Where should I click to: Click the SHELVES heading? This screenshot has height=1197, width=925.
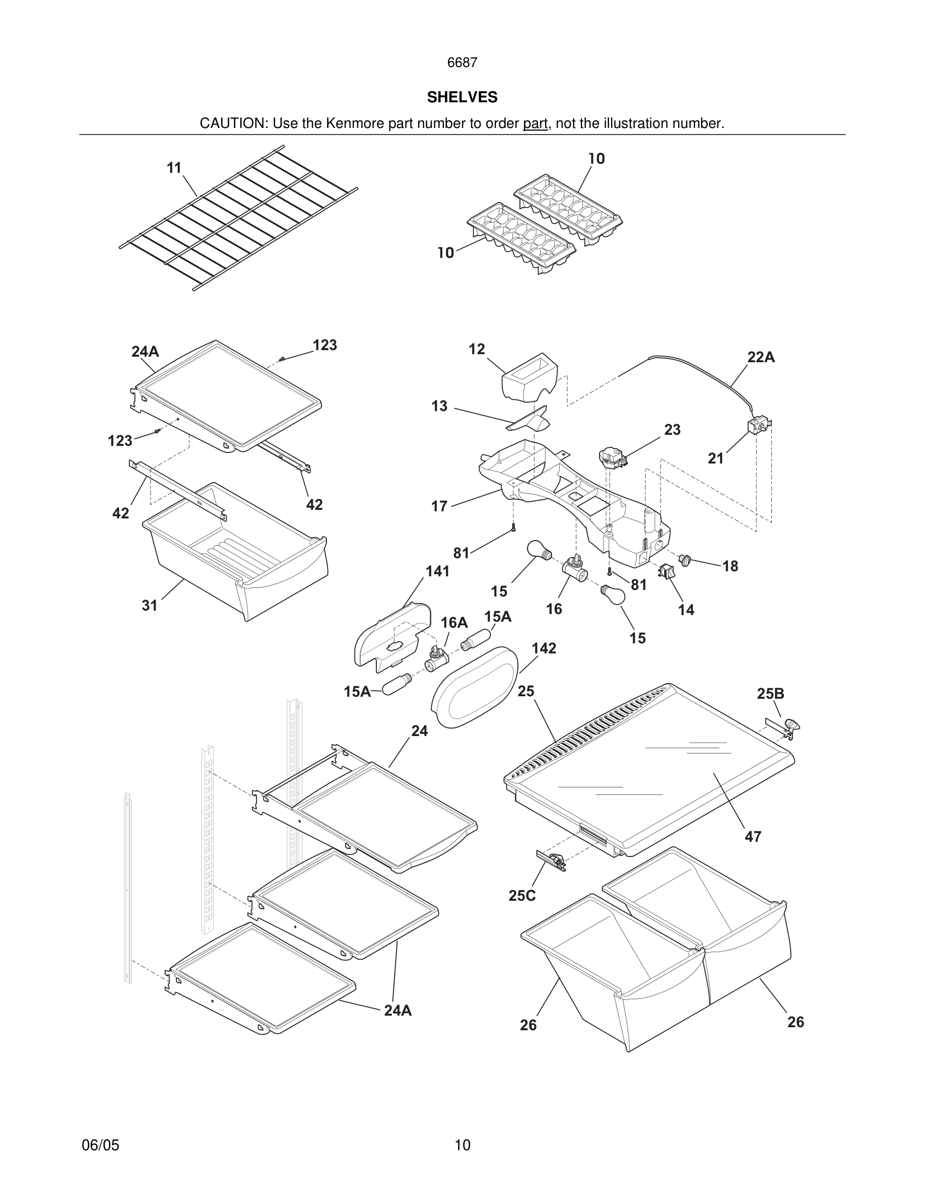click(462, 97)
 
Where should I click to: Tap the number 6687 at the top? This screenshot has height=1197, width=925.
click(462, 63)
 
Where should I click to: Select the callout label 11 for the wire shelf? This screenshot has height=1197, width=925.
click(174, 168)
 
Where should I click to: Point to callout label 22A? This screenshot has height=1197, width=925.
click(761, 357)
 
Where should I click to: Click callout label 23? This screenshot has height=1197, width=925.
click(673, 430)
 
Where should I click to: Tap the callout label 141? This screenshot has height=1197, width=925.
click(437, 571)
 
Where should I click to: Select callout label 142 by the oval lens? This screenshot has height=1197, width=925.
click(544, 648)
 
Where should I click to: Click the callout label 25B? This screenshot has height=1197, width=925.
click(770, 693)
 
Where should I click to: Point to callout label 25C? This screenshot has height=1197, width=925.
click(521, 896)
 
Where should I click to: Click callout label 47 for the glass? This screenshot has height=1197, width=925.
click(753, 837)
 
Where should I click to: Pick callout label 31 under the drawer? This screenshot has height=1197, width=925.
click(150, 605)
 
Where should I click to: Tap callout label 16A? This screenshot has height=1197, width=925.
click(454, 623)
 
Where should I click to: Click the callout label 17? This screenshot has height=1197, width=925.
click(439, 506)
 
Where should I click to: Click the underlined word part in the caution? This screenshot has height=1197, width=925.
click(535, 123)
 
